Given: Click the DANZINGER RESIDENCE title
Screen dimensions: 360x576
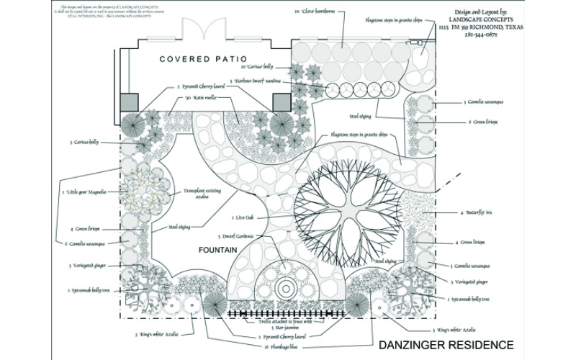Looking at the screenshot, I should point(445,344).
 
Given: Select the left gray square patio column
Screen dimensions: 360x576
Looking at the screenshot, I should point(130,103).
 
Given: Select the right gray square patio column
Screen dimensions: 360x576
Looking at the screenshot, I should point(281,103).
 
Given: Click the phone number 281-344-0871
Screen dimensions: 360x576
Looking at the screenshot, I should point(485,33).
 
